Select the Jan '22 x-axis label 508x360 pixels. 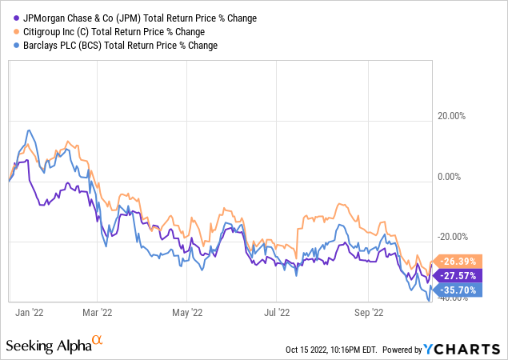pyautogui.click(x=28, y=313)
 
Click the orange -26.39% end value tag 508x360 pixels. pyautogui.click(x=454, y=260)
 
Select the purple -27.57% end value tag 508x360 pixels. pyautogui.click(x=454, y=275)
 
